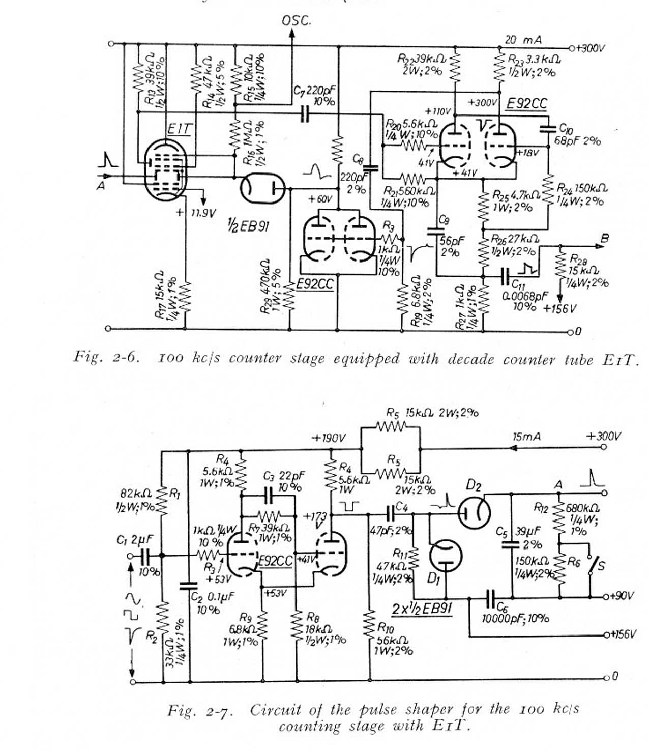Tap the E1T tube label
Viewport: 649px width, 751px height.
click(180, 129)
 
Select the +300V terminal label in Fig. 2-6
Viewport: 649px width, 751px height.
click(592, 48)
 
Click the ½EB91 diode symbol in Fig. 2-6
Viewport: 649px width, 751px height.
click(262, 189)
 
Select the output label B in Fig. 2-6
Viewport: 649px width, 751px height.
click(605, 238)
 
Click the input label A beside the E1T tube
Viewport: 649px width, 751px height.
click(101, 186)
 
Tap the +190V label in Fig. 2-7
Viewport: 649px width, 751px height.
click(329, 438)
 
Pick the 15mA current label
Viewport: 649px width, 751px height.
click(526, 437)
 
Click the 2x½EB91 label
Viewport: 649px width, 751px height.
click(422, 608)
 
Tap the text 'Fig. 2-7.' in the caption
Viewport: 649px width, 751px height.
click(200, 711)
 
